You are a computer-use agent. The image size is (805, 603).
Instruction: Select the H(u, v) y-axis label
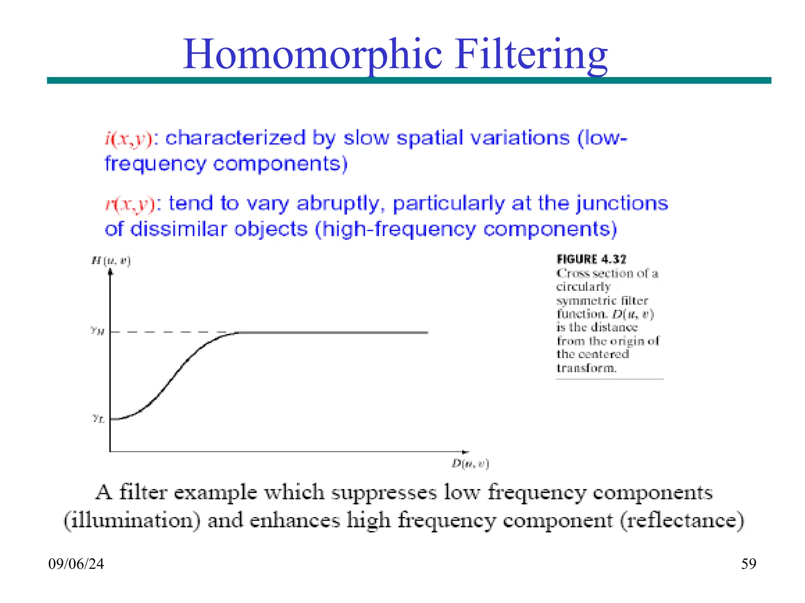pos(111,260)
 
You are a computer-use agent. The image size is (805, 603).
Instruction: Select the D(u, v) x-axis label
pos(470,464)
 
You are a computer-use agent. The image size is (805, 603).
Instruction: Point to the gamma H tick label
pos(97,331)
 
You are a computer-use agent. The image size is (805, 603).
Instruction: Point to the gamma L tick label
pos(98,418)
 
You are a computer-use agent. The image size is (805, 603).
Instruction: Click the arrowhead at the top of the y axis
pos(110,272)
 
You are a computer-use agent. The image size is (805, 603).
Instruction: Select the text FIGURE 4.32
pos(591,259)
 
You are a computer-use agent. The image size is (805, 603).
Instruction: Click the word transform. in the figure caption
pos(586,368)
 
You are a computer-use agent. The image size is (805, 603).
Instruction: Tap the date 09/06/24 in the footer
pos(76,564)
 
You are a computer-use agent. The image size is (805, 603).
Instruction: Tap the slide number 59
pos(748,564)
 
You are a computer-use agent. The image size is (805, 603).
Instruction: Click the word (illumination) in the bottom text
pos(132,521)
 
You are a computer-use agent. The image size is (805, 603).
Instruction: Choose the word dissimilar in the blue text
pos(179,229)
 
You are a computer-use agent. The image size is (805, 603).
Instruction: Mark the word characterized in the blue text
pos(235,138)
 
